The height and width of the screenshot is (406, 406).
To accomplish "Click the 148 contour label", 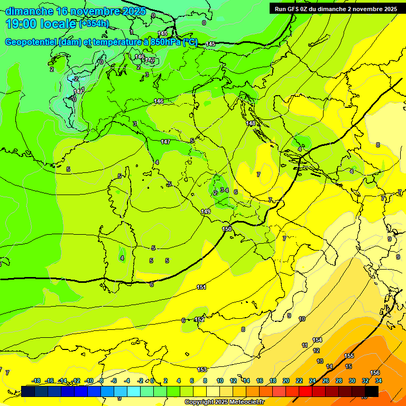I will coord(251,123).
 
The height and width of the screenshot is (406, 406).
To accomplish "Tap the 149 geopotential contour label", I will coord(206,211).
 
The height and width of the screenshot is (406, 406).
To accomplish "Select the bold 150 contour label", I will coord(227,228).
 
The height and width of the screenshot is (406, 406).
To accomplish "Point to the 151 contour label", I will coord(201,287).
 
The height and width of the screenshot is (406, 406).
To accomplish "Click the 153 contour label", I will coord(202,370).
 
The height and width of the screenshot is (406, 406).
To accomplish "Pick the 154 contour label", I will coord(317,340).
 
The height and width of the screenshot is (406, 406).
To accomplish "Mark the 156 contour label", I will coord(375,373).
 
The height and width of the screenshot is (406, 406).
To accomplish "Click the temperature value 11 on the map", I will coord(304,345).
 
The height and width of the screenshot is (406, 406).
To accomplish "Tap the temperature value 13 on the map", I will coord(320,361).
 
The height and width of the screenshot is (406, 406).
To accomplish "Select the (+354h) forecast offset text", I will coord(94,24).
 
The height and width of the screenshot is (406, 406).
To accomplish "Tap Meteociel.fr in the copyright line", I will coord(244,402).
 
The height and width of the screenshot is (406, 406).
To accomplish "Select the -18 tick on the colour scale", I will coord(36,381).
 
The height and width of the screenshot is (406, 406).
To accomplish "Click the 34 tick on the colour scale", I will coord(379,381).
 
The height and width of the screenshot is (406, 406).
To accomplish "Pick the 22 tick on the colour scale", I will coord(299,381).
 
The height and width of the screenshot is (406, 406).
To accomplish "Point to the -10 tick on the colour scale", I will coord(89,381).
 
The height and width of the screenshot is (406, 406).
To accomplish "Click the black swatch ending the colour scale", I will coord(372,391).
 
